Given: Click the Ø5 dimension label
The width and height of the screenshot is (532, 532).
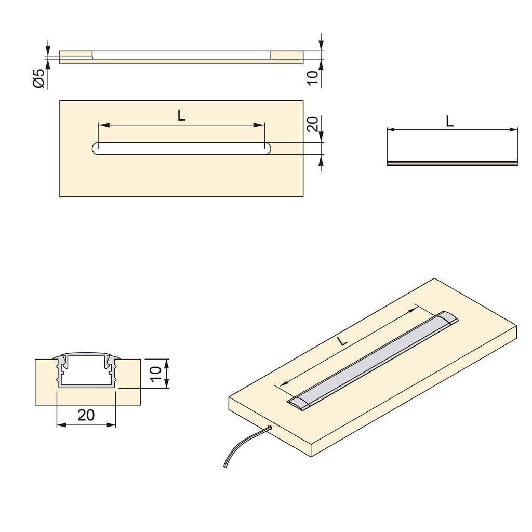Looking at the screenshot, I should (39, 78).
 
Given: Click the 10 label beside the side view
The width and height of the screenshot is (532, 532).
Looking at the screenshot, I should (312, 78).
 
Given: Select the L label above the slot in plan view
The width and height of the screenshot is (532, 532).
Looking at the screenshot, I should (181, 116).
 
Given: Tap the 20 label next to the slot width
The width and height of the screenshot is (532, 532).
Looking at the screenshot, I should (312, 124).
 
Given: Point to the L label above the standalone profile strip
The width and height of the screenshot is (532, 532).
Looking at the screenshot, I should (449, 121).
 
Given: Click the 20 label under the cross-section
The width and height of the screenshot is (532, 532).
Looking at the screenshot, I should (86, 415).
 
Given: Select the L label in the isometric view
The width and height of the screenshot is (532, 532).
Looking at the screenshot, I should (341, 342).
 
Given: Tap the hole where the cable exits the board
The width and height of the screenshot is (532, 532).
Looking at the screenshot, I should (270, 427).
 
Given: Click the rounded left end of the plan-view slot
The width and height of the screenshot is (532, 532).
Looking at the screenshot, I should (97, 148).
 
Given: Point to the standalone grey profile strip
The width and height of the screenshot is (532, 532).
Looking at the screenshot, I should (453, 163).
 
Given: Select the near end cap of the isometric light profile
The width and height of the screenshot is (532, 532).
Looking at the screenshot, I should (297, 403).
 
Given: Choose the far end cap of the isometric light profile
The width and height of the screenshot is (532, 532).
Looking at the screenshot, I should (448, 318).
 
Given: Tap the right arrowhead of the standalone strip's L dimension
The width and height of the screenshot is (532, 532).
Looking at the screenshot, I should (515, 129).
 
